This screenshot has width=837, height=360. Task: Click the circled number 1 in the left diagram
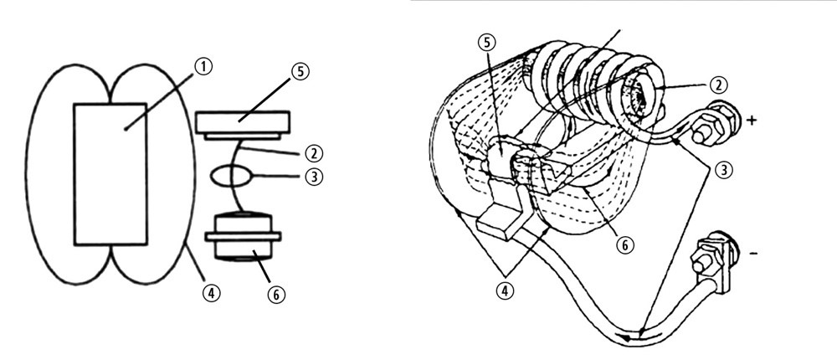pyautogui.click(x=203, y=67)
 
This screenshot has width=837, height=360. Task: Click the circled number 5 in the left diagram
pyautogui.click(x=300, y=71)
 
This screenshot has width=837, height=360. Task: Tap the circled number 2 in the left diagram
pyautogui.click(x=314, y=153)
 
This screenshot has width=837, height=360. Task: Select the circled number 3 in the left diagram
pyautogui.click(x=314, y=177)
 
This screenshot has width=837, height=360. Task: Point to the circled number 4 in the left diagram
pyautogui.click(x=212, y=293)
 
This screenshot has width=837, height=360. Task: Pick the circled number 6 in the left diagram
pyautogui.click(x=276, y=295)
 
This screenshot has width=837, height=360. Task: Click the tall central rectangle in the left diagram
pyautogui.click(x=110, y=174)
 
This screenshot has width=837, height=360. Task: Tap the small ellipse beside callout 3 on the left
pyautogui.click(x=231, y=177)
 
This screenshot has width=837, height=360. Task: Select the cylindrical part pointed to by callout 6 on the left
pyautogui.click(x=244, y=237)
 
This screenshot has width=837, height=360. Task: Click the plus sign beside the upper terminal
pyautogui.click(x=751, y=121)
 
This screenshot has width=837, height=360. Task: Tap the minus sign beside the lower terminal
pyautogui.click(x=752, y=253)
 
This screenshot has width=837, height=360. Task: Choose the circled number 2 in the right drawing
pyautogui.click(x=719, y=85)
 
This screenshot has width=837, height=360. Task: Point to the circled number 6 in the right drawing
pyautogui.click(x=624, y=245)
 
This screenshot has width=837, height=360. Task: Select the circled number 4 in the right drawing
pyautogui.click(x=505, y=290)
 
